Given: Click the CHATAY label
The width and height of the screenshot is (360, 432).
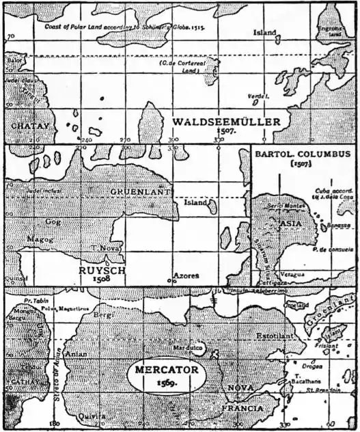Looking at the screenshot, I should point(26,126).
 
